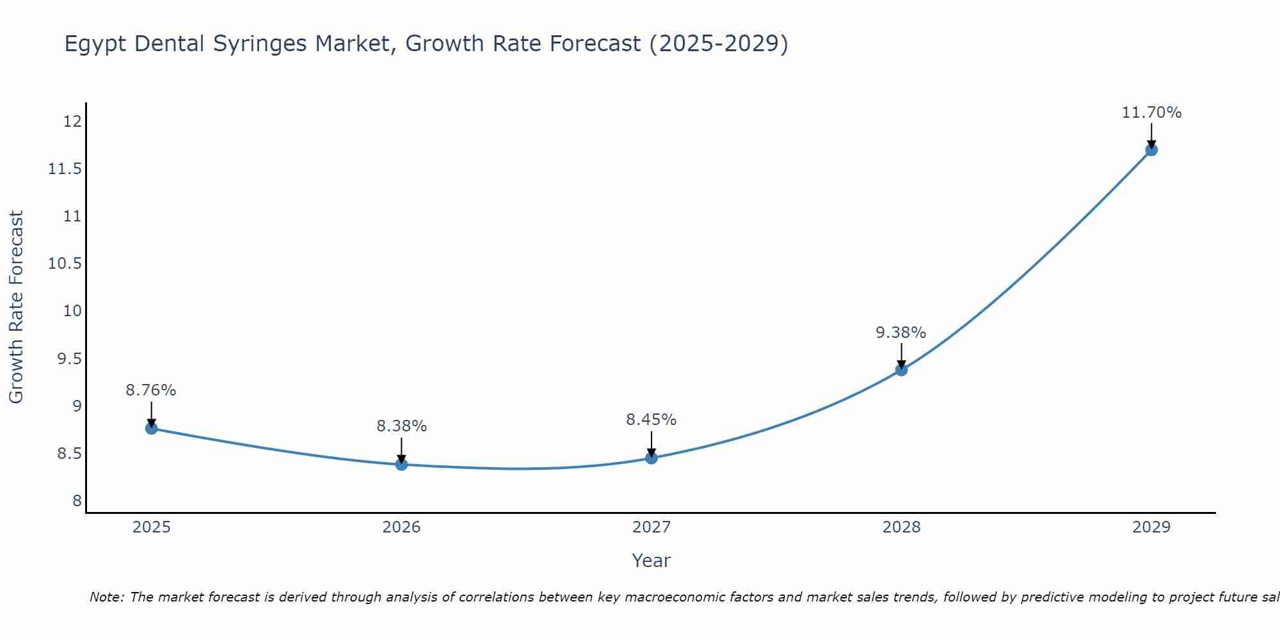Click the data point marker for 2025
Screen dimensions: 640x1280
pos(151,428)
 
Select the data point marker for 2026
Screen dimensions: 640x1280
pos(401,464)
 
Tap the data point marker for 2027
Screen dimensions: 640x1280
pos(652,458)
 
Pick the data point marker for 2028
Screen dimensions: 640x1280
pos(901,369)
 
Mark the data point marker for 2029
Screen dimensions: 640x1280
pos(1151,150)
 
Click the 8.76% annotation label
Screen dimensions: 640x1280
pos(151,390)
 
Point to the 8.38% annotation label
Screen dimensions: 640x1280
pos(401,426)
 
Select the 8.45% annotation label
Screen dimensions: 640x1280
pos(652,419)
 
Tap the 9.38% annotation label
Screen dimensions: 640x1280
pos(901,332)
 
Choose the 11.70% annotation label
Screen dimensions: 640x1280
pos(1151,113)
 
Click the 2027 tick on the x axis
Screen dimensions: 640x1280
pos(652,527)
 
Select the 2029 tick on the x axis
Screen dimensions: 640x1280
pos(1151,527)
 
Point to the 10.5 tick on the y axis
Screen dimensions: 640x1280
pos(65,263)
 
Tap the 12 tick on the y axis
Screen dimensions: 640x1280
pos(73,121)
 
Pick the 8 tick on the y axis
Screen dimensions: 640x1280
pos(77,500)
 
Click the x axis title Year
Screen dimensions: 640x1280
pos(651,561)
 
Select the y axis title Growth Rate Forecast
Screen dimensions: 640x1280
pos(16,307)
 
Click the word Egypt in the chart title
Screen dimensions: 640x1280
pos(95,44)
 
